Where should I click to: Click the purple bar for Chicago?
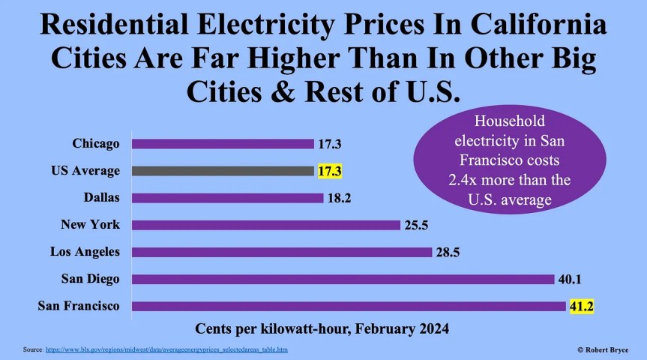click(x=223, y=143)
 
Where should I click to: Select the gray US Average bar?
click(x=223, y=170)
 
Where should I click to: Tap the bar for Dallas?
click(x=228, y=198)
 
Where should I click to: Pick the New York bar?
click(x=265, y=225)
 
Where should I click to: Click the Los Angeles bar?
click(x=282, y=252)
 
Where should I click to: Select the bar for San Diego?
click(x=343, y=279)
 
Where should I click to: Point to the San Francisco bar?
click(x=349, y=306)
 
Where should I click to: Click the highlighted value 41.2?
click(x=581, y=306)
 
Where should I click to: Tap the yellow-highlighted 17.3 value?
click(x=330, y=171)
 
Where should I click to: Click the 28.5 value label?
click(x=448, y=252)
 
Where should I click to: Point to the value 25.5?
click(x=416, y=225)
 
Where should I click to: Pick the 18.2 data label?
click(x=331, y=198)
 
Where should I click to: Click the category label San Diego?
click(x=91, y=279)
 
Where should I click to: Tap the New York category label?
click(x=89, y=225)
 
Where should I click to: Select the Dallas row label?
click(x=102, y=198)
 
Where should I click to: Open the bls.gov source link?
click(x=166, y=350)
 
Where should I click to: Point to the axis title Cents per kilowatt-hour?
click(x=322, y=328)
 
